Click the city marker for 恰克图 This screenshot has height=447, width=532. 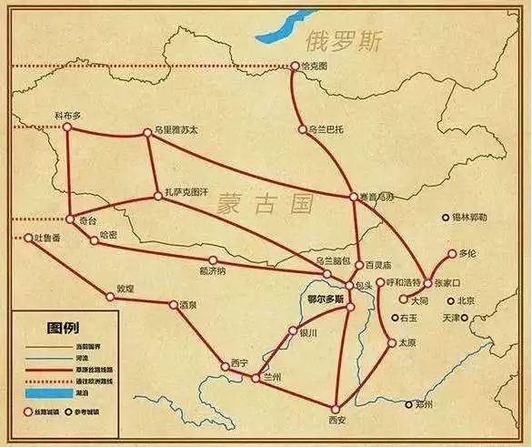pos(293,66)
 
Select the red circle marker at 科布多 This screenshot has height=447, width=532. pos(66,127)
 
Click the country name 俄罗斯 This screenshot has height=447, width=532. pos(346,42)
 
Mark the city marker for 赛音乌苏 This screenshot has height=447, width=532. pos(353,197)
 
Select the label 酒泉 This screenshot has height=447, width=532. pos(187,304)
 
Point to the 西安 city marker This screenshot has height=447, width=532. pos(336,407)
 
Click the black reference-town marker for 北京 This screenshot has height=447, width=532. pos(449,300)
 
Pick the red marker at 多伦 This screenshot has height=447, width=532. pos(451,254)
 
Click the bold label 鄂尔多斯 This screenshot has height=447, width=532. pos(326,299)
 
